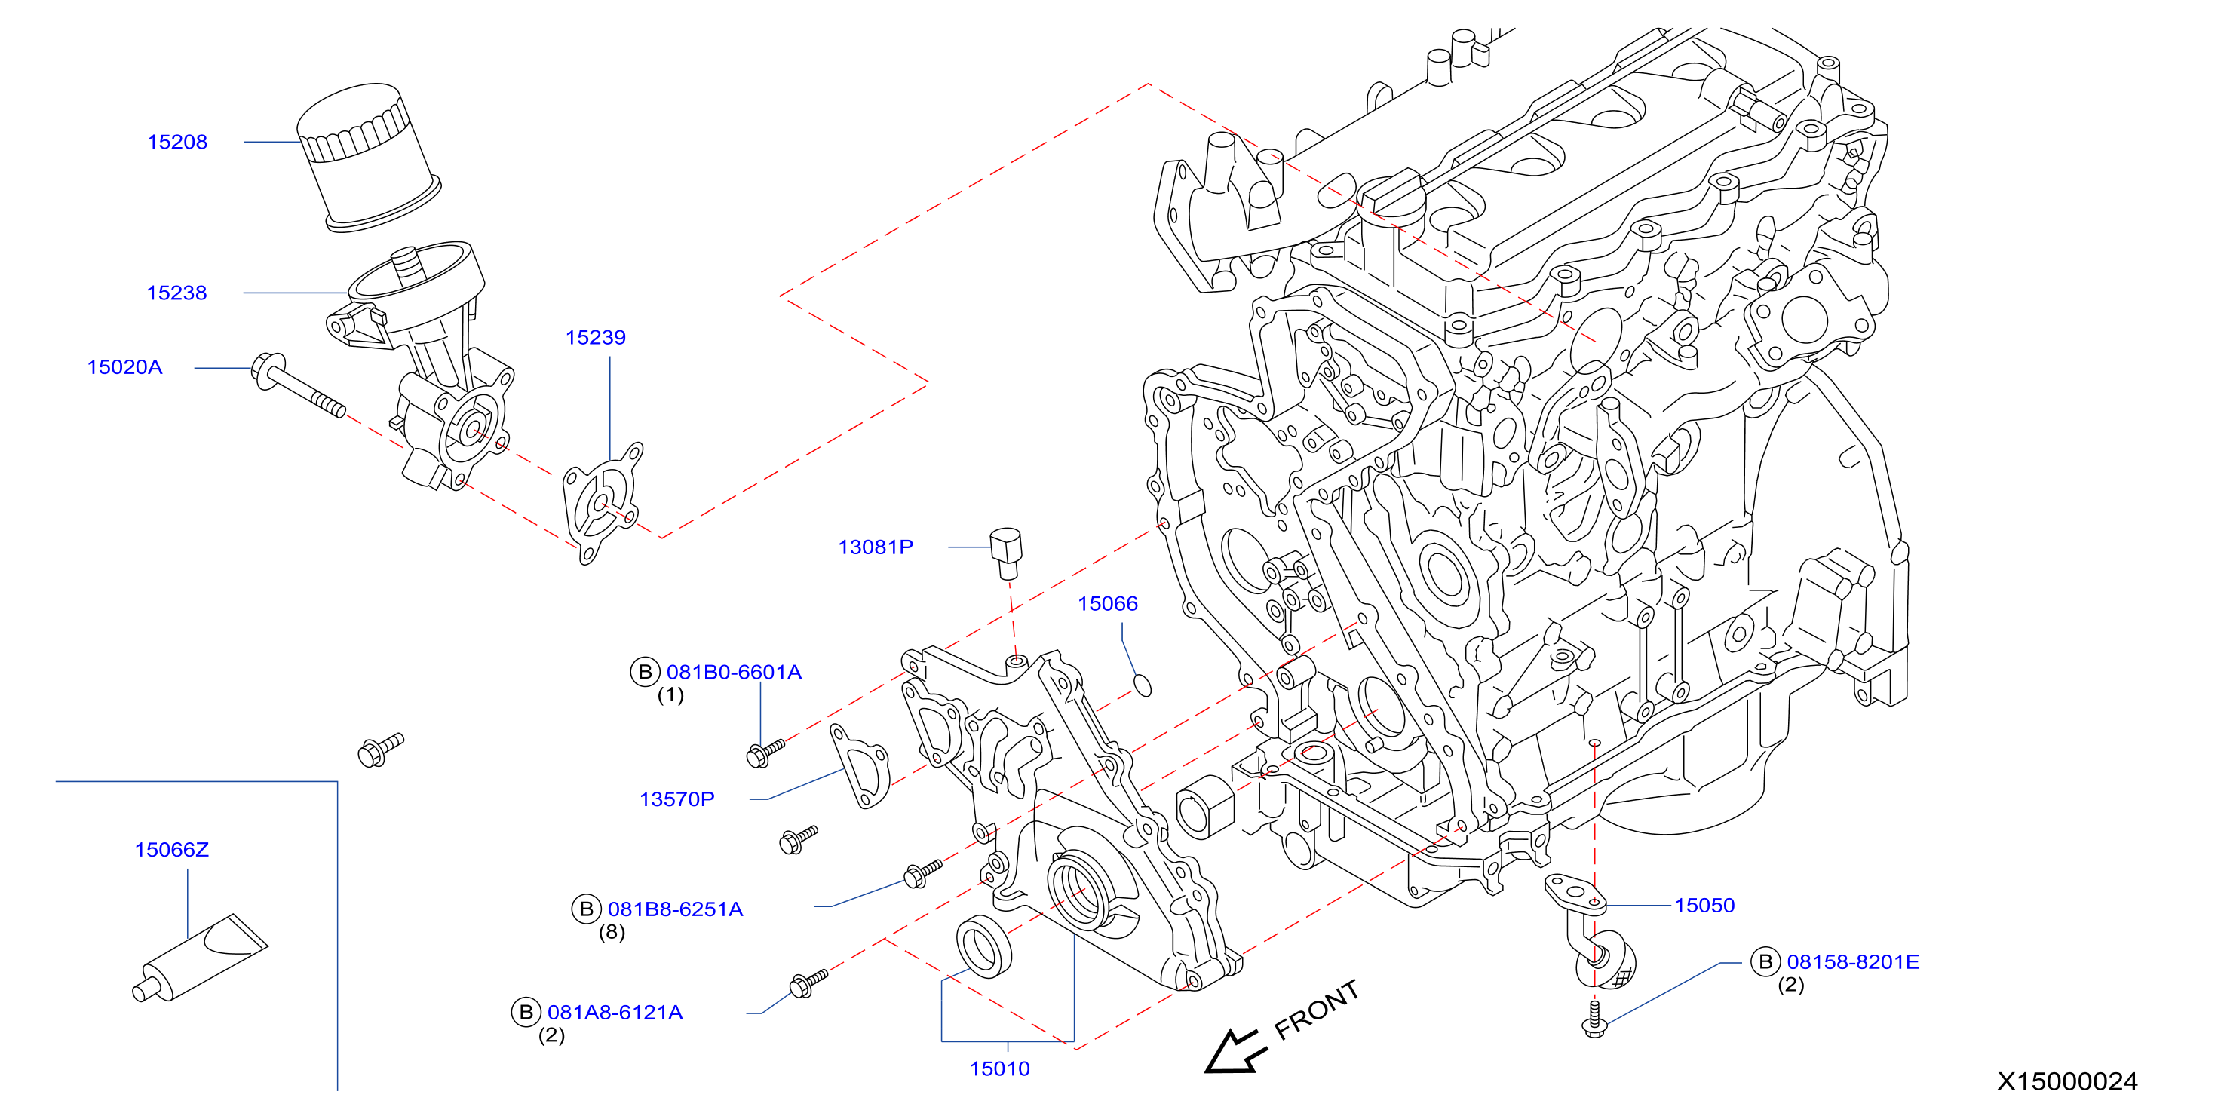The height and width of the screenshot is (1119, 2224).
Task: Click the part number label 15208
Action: [177, 142]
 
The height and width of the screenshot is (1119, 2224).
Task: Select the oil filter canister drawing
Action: [369, 158]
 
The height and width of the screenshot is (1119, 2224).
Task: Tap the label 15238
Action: [177, 293]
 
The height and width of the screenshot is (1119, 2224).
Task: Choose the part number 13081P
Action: [876, 547]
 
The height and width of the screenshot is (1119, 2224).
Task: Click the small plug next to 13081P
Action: [1006, 553]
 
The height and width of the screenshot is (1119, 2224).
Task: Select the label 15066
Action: [1108, 603]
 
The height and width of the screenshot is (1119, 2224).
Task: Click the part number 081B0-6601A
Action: [734, 672]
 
